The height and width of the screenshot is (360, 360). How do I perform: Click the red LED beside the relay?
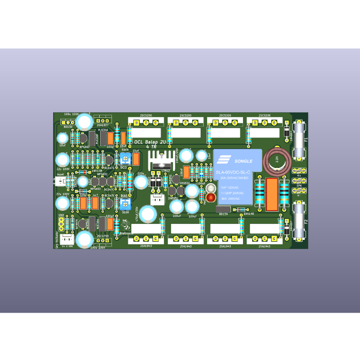(x=211, y=198)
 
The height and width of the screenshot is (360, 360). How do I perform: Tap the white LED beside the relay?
(x=211, y=188)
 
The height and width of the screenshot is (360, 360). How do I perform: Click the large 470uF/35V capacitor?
(x=148, y=214)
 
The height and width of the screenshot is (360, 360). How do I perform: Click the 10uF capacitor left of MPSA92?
(x=62, y=138)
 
